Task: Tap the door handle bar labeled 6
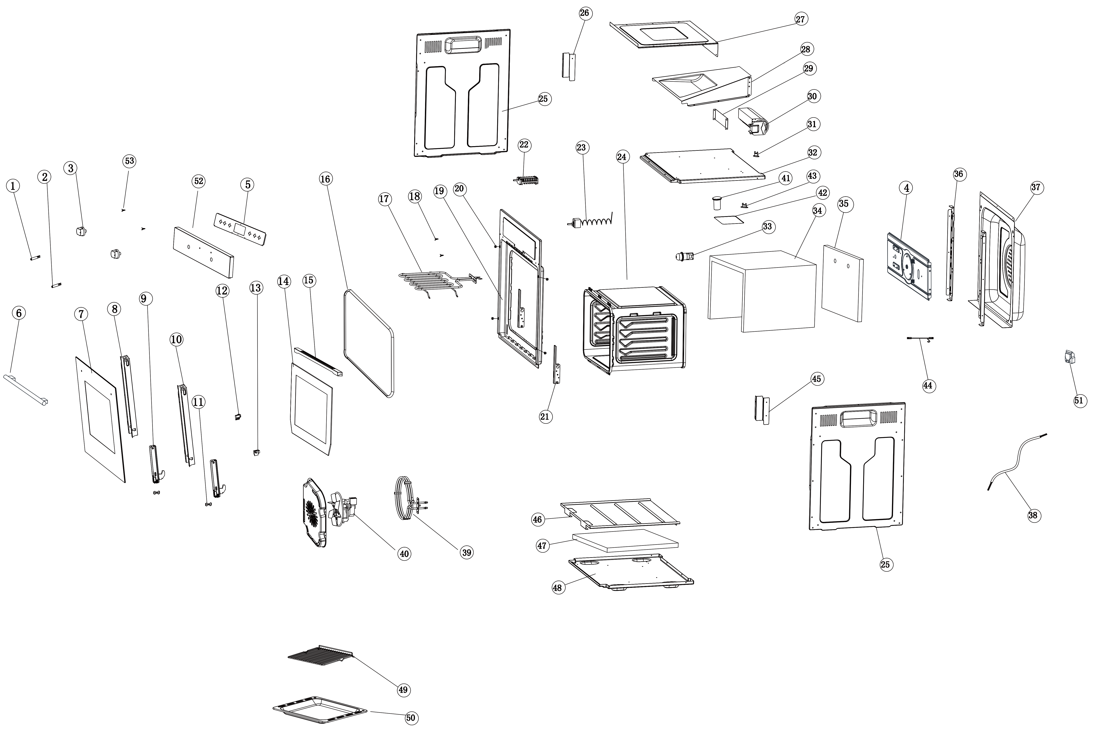[26, 390]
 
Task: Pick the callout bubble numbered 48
[557, 587]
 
